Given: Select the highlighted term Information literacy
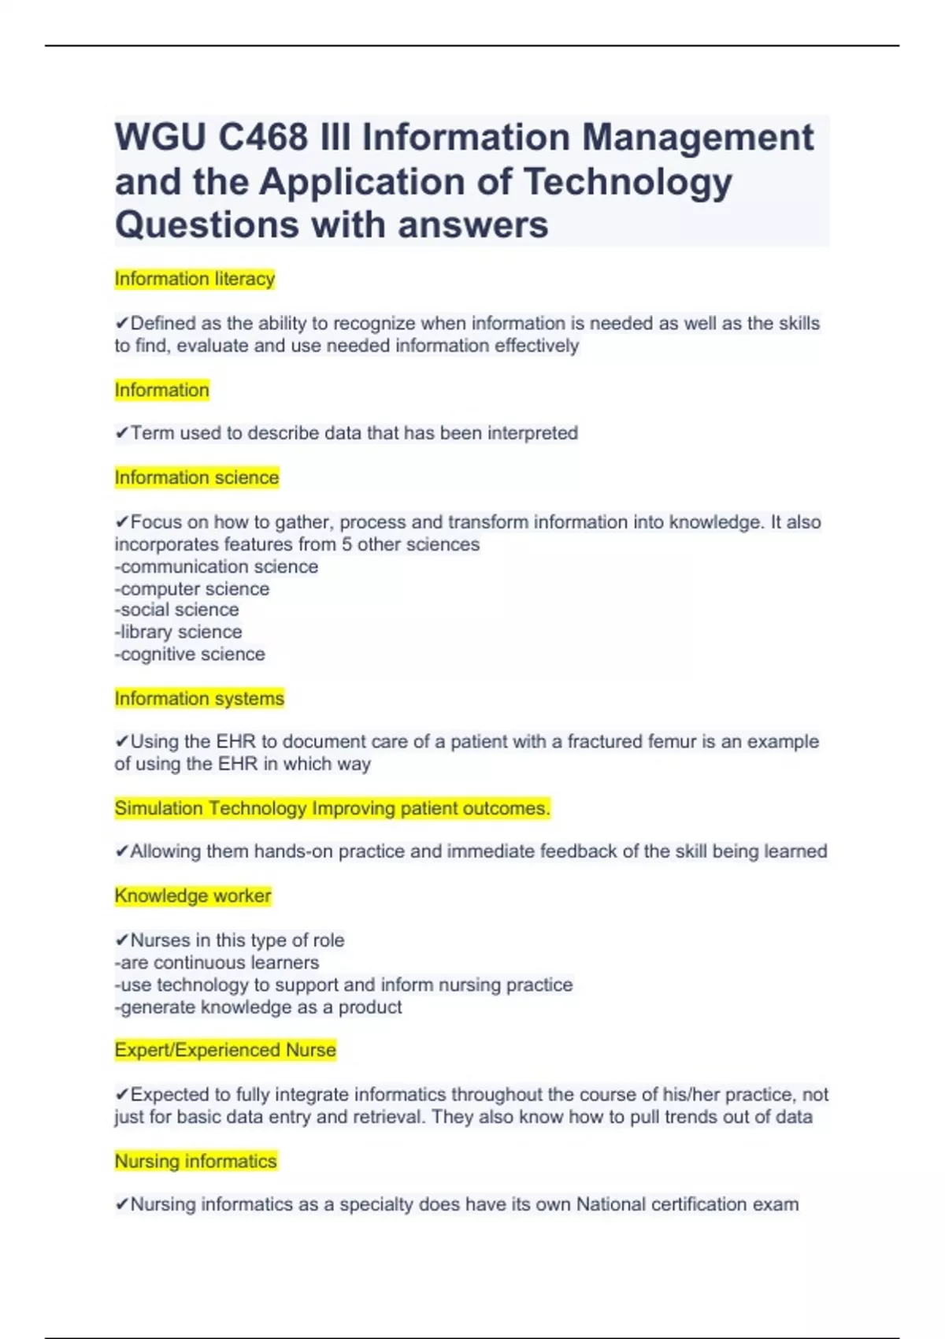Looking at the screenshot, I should coord(195,279).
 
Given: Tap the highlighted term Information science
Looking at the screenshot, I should coord(197,477).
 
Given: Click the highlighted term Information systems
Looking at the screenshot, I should coord(199,699).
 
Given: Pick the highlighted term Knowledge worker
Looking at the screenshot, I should coord(193,896).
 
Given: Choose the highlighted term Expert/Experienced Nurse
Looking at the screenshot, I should coord(225,1050).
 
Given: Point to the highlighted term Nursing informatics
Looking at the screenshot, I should coord(196,1161).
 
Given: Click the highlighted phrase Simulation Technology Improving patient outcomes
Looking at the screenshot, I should coord(332,808).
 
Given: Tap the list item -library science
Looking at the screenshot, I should coord(179,632).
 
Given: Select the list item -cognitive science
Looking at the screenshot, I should coord(190,654).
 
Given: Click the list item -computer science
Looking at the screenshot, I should coord(192,588).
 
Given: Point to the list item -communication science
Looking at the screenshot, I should coord(217,566).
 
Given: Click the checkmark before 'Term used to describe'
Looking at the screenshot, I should coord(122,433).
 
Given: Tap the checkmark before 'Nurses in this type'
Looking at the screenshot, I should coord(122,940).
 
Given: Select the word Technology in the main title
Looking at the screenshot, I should coord(628,182).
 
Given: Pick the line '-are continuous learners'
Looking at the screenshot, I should coord(217,963).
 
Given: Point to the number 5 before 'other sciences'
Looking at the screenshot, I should coord(346,544).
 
